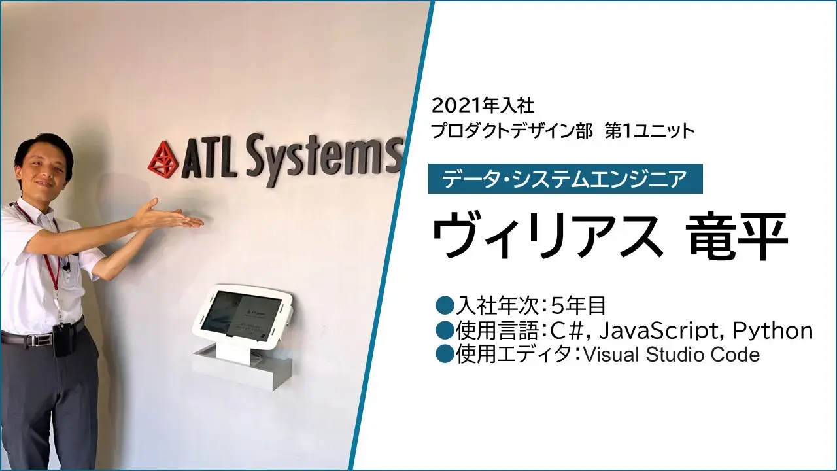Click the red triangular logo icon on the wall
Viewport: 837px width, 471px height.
click(x=163, y=160)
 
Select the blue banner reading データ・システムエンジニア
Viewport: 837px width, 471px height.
click(x=566, y=179)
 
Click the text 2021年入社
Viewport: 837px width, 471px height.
click(x=483, y=106)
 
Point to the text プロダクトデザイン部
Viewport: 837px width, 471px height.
click(x=512, y=131)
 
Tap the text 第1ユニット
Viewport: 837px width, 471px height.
click(x=650, y=131)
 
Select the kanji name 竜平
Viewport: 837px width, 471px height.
click(x=738, y=235)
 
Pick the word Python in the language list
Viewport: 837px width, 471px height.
click(x=773, y=331)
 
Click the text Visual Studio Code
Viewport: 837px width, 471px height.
click(x=672, y=355)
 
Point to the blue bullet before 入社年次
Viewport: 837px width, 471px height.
click(x=444, y=306)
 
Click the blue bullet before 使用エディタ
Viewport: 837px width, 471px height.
click(x=444, y=355)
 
